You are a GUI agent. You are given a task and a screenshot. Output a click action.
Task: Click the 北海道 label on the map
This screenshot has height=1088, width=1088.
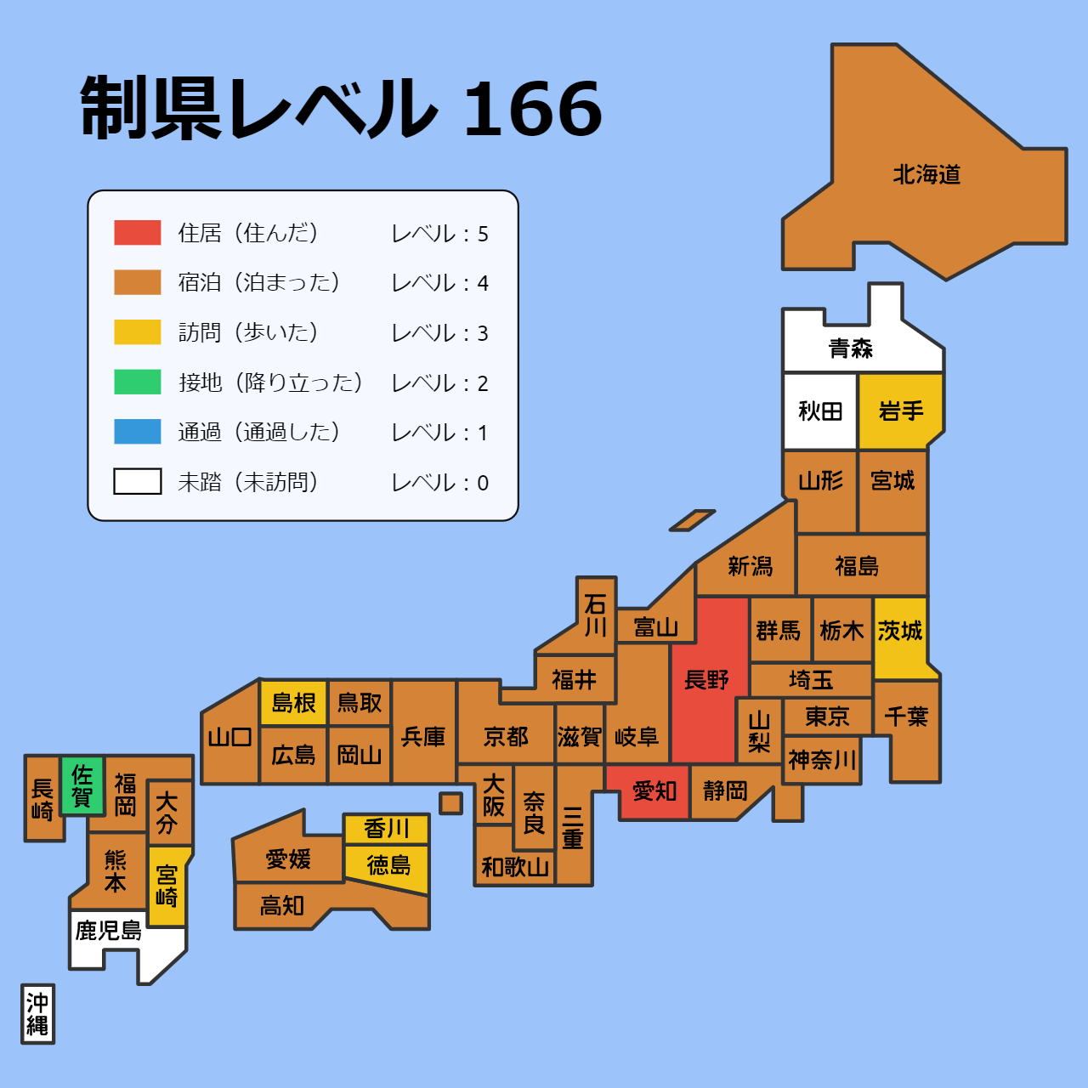926,175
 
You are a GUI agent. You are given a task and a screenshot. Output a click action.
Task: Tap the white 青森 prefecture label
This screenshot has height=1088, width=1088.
851,348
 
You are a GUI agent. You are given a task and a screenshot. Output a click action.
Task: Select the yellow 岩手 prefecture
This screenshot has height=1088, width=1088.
900,411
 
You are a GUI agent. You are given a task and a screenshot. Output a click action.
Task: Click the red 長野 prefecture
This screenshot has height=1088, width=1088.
707,680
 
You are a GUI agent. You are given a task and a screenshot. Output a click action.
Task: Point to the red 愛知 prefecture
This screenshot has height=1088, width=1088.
654,791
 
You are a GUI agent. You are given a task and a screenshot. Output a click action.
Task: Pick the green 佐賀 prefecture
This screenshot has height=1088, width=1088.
82,785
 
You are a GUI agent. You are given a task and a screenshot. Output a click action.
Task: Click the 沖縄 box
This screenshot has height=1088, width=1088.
37,1014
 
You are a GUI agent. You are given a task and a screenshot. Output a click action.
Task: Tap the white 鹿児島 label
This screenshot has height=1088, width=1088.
108,931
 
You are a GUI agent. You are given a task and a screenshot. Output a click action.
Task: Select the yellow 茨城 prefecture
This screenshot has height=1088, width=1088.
900,631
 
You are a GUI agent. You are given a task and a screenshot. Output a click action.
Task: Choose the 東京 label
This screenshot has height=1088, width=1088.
827,717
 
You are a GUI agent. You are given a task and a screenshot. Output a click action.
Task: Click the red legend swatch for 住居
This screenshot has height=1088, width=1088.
138,233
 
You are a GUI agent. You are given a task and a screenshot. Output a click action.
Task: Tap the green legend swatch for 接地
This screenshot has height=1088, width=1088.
138,382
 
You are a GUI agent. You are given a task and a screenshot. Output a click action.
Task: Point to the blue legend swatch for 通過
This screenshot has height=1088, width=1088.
138,432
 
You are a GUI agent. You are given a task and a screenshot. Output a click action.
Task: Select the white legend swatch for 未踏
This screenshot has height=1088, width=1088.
138,482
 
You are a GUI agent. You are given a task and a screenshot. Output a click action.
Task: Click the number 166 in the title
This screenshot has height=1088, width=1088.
533,109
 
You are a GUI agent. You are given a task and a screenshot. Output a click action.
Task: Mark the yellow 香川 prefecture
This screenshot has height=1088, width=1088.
387,828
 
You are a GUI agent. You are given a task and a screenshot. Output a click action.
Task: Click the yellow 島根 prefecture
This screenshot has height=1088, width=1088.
293,703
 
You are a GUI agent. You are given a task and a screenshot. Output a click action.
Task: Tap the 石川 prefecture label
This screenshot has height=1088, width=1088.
596,615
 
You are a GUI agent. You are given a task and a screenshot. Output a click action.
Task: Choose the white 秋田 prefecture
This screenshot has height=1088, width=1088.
820,411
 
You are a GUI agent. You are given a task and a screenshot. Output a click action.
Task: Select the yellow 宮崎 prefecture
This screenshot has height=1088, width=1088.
167,886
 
